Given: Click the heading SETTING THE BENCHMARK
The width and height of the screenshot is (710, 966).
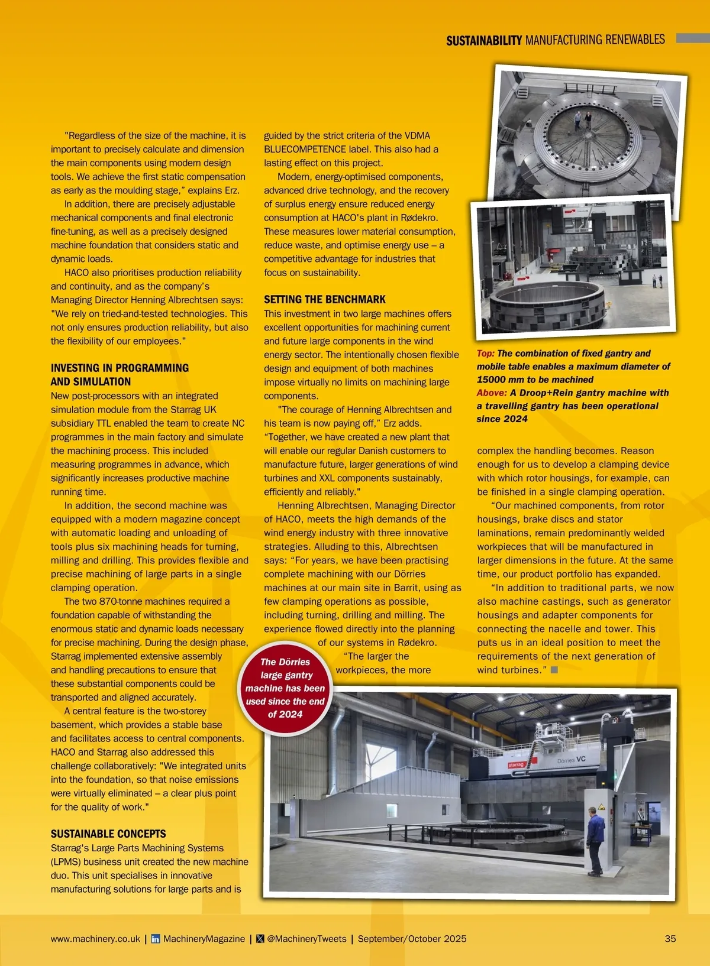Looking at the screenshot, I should pyautogui.click(x=324, y=300).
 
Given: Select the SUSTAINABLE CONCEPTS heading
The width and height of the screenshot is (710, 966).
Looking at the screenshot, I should pyautogui.click(x=108, y=834).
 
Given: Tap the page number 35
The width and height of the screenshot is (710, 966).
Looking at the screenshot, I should pyautogui.click(x=670, y=939).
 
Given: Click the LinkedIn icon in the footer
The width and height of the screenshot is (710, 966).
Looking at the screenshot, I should pyautogui.click(x=156, y=939).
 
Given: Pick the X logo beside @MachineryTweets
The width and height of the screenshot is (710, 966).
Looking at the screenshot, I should pyautogui.click(x=260, y=939).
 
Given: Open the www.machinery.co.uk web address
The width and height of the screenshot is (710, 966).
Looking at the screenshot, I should pyautogui.click(x=95, y=939).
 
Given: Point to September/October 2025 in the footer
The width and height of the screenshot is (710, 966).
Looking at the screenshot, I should pyautogui.click(x=412, y=939).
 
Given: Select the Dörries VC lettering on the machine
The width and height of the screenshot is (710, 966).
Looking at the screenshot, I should pyautogui.click(x=571, y=760).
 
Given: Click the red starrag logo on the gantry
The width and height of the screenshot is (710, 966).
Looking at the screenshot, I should pyautogui.click(x=517, y=765).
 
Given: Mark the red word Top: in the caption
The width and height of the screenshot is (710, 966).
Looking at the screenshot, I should pyautogui.click(x=486, y=354).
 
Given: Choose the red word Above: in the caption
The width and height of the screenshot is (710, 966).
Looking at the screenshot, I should pyautogui.click(x=492, y=393).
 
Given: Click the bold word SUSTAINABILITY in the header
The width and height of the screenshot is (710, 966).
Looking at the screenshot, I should pyautogui.click(x=484, y=41).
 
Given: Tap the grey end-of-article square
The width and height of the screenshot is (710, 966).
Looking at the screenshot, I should pyautogui.click(x=554, y=670).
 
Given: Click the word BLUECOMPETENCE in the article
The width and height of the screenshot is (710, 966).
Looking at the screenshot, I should pyautogui.click(x=305, y=150).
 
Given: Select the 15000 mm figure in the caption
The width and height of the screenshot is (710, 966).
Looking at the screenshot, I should pyautogui.click(x=506, y=380).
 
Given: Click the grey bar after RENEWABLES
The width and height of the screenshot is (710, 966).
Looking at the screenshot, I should pyautogui.click(x=692, y=38).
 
